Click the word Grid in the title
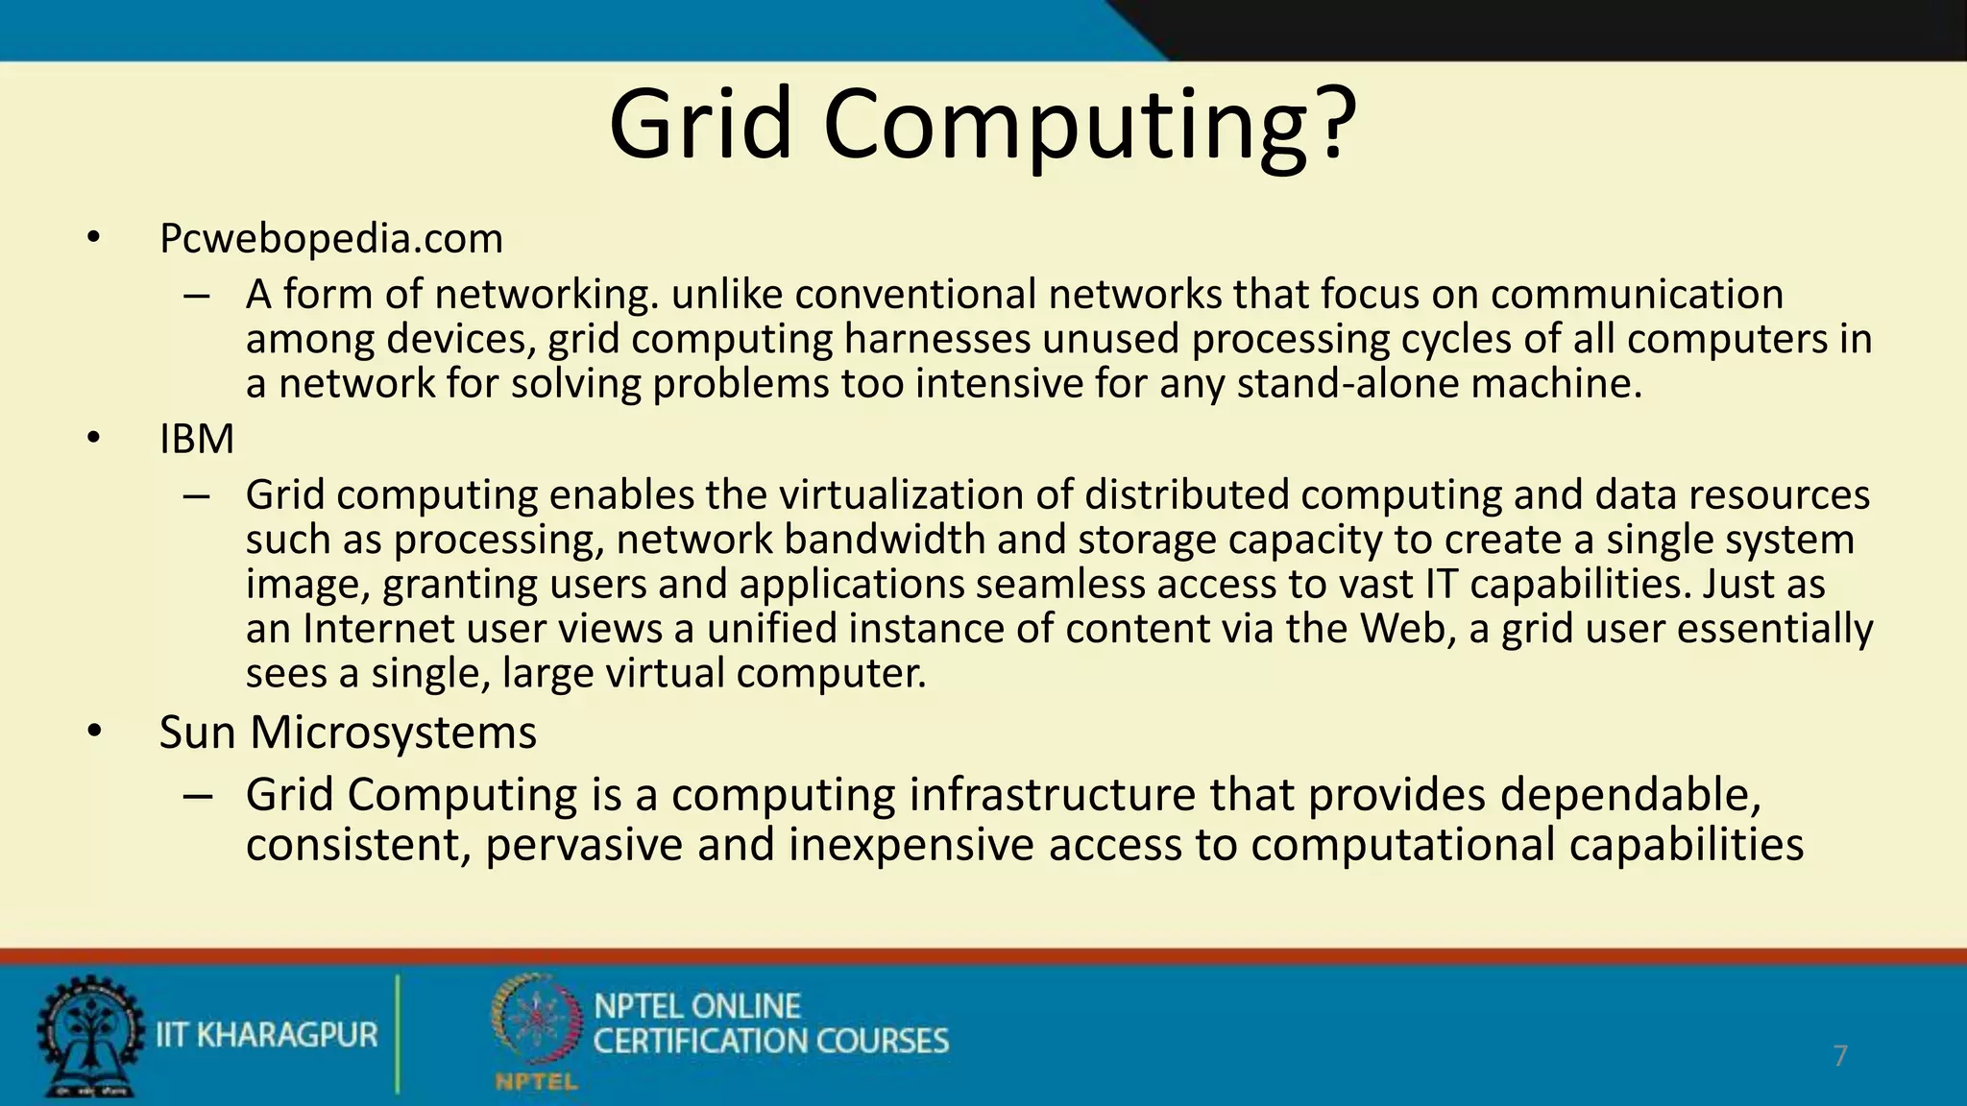tap(701, 125)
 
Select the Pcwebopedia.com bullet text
tap(330, 238)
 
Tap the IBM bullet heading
tap(197, 439)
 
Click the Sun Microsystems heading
tap(348, 733)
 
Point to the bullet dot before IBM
tap(92, 439)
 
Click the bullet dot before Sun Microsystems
tap(92, 733)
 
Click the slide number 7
tap(1839, 1056)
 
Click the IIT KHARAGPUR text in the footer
tap(267, 1035)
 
